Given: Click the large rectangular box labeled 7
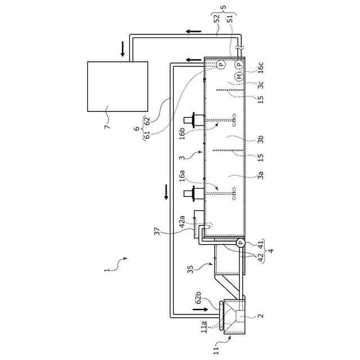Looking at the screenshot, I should [118, 86].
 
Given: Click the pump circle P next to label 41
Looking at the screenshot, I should [240, 243].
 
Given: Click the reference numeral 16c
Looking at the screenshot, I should [260, 68].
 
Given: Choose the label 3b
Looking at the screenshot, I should [260, 139].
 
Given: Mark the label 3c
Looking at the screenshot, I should [260, 85].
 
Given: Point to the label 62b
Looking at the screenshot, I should [198, 298].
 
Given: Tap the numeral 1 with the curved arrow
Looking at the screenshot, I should [107, 269].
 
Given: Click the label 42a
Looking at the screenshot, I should [182, 220].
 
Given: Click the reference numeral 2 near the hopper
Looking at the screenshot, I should [260, 316].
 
